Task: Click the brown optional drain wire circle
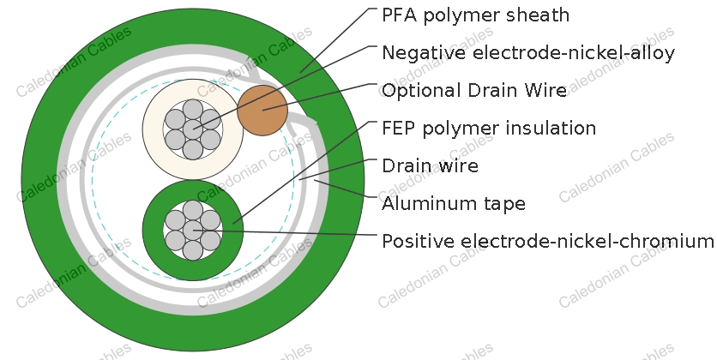(262, 110)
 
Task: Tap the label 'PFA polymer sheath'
(475, 15)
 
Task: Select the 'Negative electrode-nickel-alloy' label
(528, 53)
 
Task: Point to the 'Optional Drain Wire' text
(474, 91)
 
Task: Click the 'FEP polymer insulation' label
(489, 128)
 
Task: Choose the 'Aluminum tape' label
(454, 203)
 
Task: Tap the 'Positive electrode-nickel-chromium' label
(548, 241)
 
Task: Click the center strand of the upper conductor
(193, 129)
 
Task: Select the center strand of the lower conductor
(193, 231)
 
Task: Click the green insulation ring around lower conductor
(152, 231)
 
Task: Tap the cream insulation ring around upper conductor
(152, 129)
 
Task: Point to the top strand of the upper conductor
(193, 109)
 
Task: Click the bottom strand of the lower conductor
(193, 250)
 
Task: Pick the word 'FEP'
(398, 128)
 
